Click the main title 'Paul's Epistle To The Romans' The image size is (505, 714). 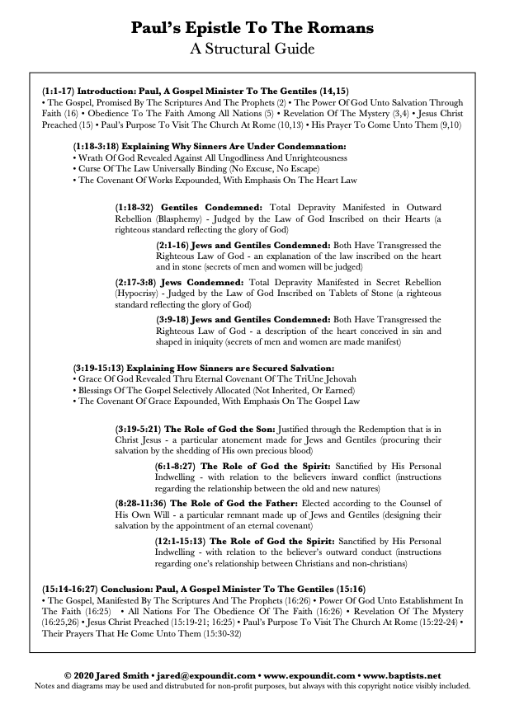click(x=252, y=29)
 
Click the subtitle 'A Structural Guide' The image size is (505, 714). click(x=252, y=49)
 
